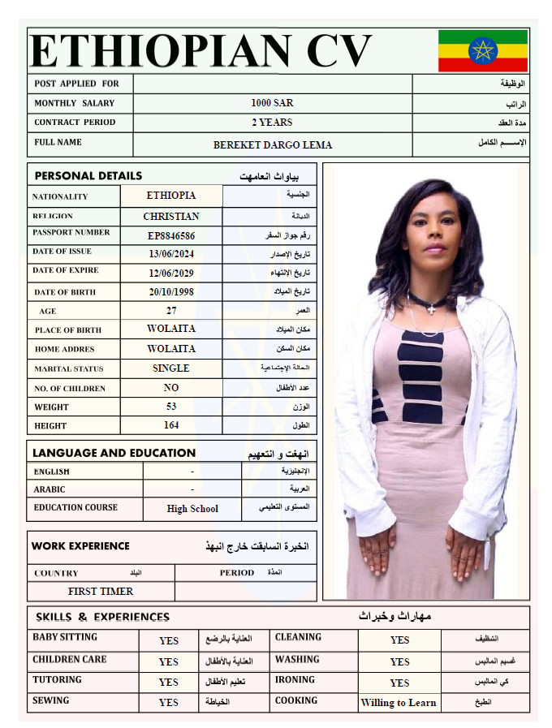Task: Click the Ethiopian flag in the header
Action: tap(483, 50)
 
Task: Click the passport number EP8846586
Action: tap(171, 236)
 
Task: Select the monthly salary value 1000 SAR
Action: tap(272, 103)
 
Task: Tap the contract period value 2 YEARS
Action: tap(272, 123)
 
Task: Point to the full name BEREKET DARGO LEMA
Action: tap(272, 145)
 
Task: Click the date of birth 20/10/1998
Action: tap(171, 292)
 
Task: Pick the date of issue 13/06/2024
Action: tap(171, 254)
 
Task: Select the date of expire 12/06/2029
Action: tap(171, 274)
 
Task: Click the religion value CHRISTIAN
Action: tap(171, 217)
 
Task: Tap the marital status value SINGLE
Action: tap(171, 368)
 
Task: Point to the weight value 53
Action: tap(171, 407)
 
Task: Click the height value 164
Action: tap(171, 424)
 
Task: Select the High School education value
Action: tap(192, 509)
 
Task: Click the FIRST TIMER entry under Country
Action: tap(101, 592)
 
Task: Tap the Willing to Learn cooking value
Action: tap(399, 703)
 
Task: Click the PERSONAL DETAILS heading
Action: tap(88, 176)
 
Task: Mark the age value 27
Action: tap(171, 311)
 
